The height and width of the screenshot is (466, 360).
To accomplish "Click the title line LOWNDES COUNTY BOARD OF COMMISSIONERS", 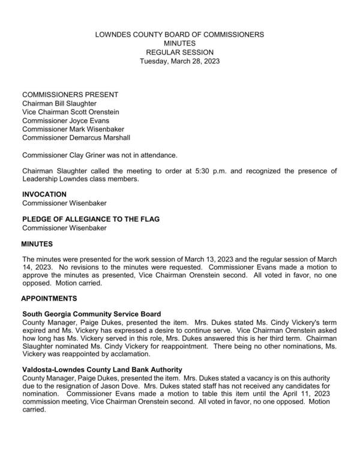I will [x=179, y=35].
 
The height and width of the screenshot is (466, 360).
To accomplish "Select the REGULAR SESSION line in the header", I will [x=179, y=52].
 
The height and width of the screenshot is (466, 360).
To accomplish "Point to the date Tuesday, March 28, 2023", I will [x=179, y=61].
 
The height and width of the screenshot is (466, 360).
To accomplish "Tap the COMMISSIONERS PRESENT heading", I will [x=70, y=95].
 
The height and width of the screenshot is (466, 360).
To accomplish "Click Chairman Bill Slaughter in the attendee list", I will [x=59, y=103].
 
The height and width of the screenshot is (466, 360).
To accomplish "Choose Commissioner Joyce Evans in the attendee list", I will [x=65, y=121].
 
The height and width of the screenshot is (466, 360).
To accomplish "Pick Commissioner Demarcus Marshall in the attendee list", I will [x=76, y=138].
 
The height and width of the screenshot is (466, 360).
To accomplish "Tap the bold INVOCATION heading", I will [x=44, y=194].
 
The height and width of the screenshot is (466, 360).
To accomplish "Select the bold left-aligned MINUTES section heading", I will [x=37, y=244].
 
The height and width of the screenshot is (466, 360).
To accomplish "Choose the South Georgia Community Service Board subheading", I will [x=91, y=314].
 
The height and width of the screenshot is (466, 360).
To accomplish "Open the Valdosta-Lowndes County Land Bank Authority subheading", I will [x=102, y=369].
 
